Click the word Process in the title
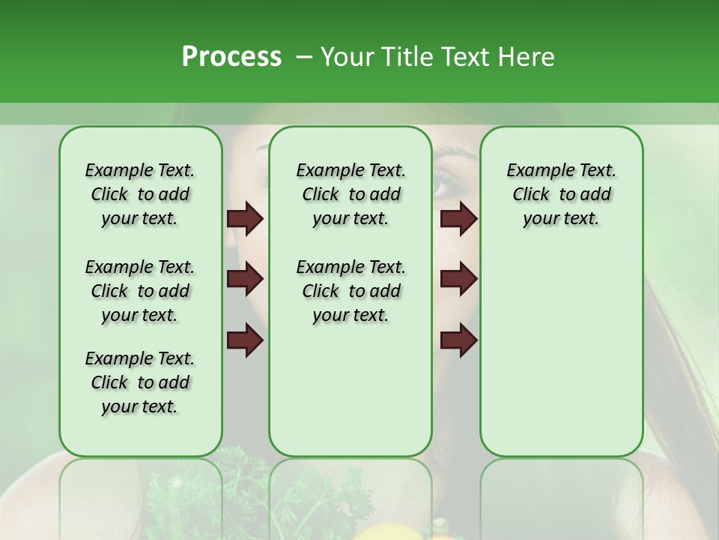(231, 57)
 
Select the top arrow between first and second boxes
(245, 219)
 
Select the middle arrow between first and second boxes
(245, 280)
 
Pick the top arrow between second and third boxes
(458, 219)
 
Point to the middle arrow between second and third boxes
(458, 280)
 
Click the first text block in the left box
(140, 194)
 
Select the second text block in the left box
(140, 291)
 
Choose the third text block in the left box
(140, 382)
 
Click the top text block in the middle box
(351, 194)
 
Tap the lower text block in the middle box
(351, 291)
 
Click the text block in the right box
(561, 194)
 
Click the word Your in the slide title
(348, 57)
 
